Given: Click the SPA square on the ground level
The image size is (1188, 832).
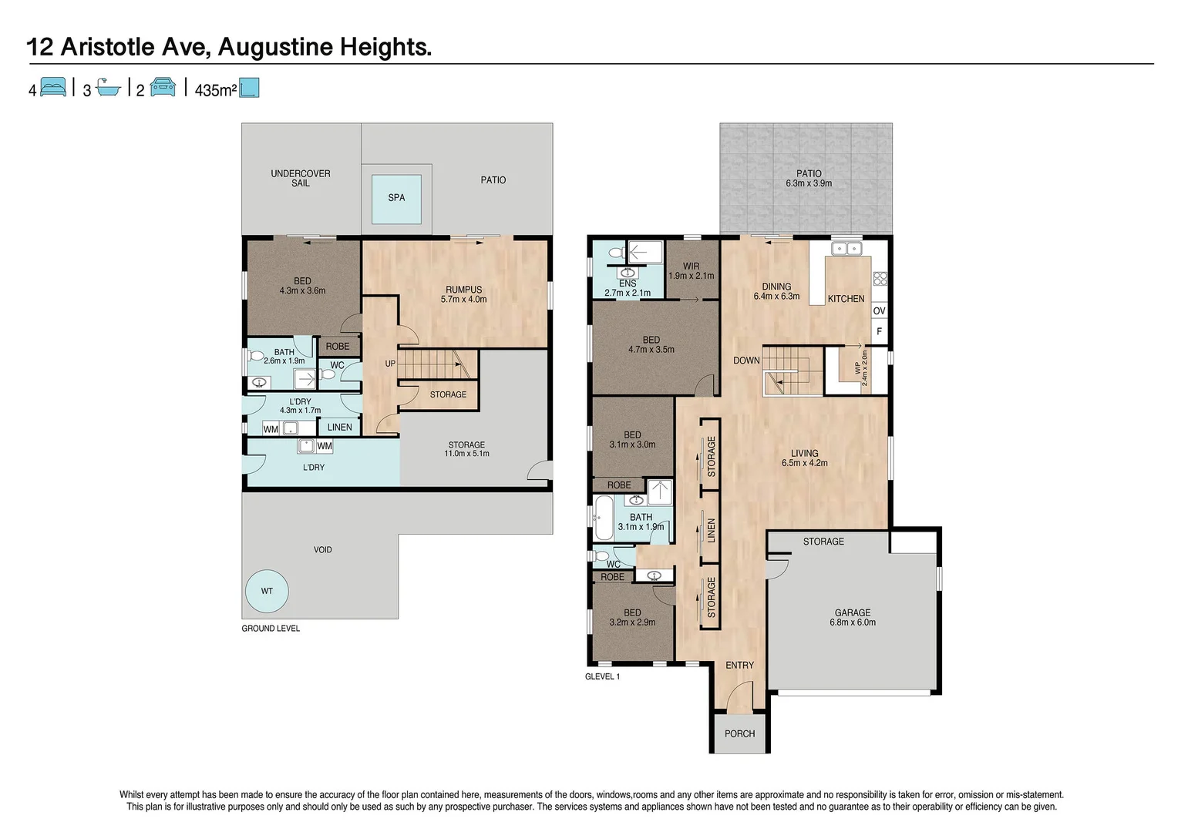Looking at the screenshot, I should click(x=396, y=198).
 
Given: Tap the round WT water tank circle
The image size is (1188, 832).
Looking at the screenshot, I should click(x=267, y=592).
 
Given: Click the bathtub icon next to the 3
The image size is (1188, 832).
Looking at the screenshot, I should click(x=109, y=88).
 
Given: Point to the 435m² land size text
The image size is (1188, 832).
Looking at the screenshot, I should click(x=215, y=90).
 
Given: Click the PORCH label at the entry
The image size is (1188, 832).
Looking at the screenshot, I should click(x=739, y=733).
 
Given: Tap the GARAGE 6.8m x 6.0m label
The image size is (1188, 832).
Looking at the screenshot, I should click(x=853, y=617).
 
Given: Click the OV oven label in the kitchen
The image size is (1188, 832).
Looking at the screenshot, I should click(x=879, y=311).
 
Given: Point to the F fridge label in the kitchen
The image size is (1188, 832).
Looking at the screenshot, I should click(x=879, y=332).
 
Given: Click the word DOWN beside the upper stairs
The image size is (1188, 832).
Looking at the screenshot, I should click(x=746, y=361).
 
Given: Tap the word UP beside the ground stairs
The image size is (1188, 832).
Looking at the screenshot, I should click(x=390, y=364).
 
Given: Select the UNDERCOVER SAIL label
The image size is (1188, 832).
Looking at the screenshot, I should click(x=300, y=178).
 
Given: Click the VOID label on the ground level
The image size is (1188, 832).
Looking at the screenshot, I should click(x=322, y=549).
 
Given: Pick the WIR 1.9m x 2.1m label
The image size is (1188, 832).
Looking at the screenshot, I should click(x=691, y=270).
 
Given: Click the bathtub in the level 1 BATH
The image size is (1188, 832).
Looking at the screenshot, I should click(x=602, y=518).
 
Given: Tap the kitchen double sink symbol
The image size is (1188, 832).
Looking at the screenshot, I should click(x=846, y=248).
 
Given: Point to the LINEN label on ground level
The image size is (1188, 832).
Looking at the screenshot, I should click(x=339, y=428).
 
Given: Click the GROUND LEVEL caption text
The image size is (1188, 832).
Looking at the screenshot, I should click(x=271, y=629).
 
